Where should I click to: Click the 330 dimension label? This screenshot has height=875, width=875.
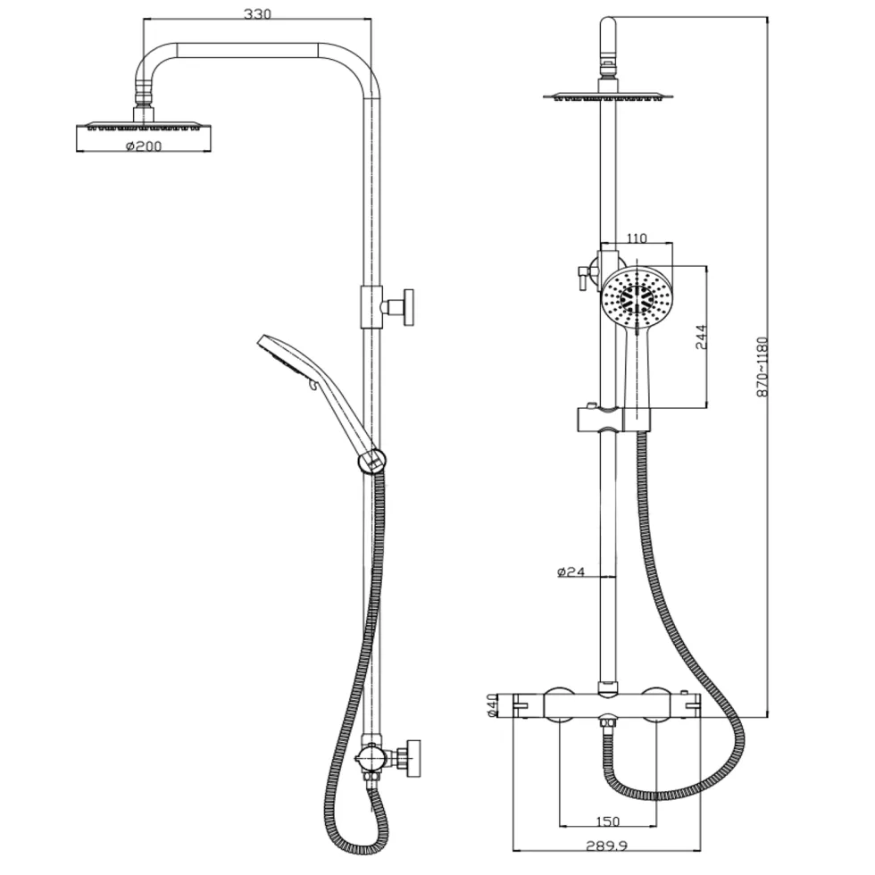coord(257,13)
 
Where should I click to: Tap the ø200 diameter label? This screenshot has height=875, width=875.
coord(144,146)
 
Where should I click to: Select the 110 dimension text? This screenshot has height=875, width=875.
coord(636,238)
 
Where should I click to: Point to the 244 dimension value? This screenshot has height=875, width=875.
coord(701,337)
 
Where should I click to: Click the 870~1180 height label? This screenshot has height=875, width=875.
coord(762,367)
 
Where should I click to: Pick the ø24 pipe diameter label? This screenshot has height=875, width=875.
coord(571,571)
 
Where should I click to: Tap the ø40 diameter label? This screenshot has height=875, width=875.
coord(492,705)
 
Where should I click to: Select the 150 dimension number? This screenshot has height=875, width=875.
coord(608,821)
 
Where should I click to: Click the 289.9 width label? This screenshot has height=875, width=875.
coord(606,846)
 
